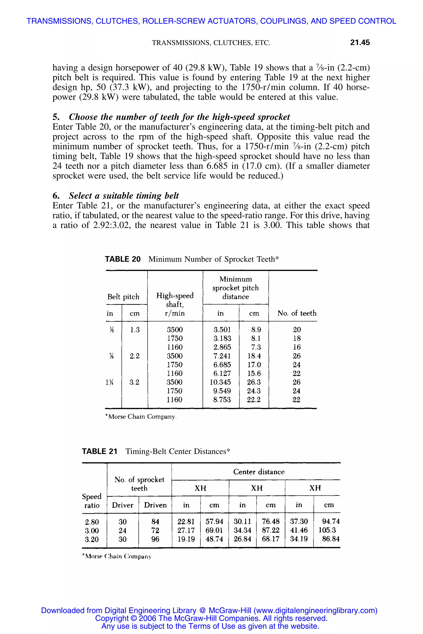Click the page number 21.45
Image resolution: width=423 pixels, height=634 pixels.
[360, 42]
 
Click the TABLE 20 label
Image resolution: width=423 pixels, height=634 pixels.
[122, 259]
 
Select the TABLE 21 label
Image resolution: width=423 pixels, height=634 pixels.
[100, 451]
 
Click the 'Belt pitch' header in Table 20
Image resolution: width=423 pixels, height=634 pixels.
[123, 297]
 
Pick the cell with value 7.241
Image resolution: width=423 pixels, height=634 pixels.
[222, 356]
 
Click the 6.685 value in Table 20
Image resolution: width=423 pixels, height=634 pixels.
[222, 364]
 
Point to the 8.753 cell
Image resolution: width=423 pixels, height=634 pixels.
[222, 400]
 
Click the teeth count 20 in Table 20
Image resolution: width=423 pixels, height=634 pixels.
[297, 329]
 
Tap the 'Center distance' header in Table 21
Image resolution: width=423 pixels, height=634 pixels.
[259, 472]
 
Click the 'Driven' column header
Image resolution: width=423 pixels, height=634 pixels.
[155, 505]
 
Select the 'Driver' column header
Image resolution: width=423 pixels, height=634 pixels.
[122, 505]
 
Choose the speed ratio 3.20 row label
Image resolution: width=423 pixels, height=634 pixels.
[92, 539]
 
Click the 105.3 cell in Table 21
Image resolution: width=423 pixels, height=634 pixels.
[327, 530]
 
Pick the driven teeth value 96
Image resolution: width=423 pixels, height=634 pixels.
[155, 539]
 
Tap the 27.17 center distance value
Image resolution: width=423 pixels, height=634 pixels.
[186, 530]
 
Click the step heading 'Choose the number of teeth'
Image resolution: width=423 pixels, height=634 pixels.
[179, 117]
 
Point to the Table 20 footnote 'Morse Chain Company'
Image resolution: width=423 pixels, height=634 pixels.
[142, 417]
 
